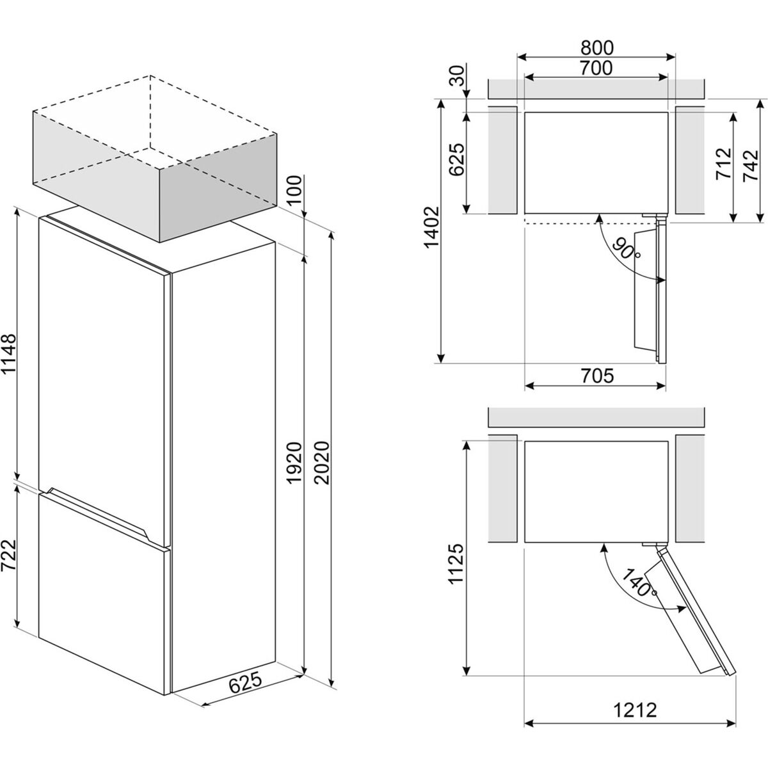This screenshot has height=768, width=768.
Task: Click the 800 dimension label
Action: coord(596,48)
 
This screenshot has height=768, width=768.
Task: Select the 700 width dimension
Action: coord(596,68)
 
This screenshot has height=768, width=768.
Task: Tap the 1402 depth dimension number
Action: coord(433,228)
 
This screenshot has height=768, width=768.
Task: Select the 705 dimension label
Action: coord(597,376)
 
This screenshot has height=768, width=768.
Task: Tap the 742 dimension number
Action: coord(751,165)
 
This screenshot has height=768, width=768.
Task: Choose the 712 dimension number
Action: coord(724,164)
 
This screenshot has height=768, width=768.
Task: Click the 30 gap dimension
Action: coord(457,76)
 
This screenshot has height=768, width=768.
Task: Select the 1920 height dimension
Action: coord(295,463)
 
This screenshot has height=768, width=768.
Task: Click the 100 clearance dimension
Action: coord(295,189)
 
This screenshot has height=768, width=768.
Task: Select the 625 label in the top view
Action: coord(457,160)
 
